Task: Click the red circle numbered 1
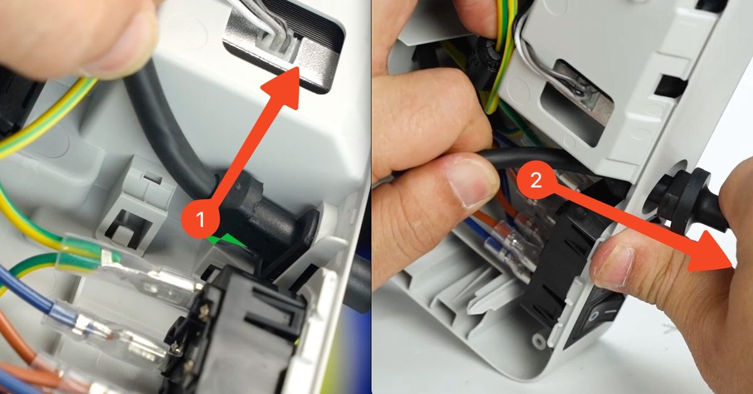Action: pyautogui.click(x=200, y=219)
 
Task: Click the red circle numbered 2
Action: pyautogui.click(x=536, y=181)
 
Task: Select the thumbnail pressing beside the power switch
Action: pyautogui.click(x=612, y=265)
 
